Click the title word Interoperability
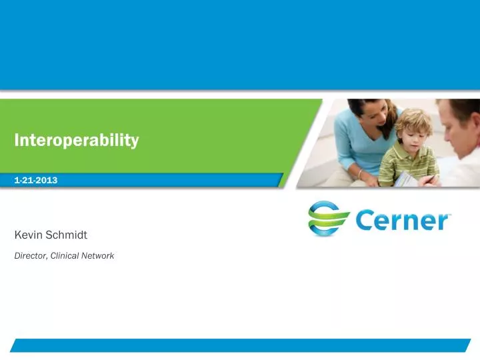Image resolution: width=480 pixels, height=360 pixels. point(77,140)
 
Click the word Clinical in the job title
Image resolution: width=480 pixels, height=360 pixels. point(66,255)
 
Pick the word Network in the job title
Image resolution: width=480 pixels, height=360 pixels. point(99,255)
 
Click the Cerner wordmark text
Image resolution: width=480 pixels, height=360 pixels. point(403,221)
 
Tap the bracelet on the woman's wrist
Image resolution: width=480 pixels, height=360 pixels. point(361,174)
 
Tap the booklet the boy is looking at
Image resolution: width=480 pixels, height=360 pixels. point(407,178)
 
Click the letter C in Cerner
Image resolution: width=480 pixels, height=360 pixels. point(367,221)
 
